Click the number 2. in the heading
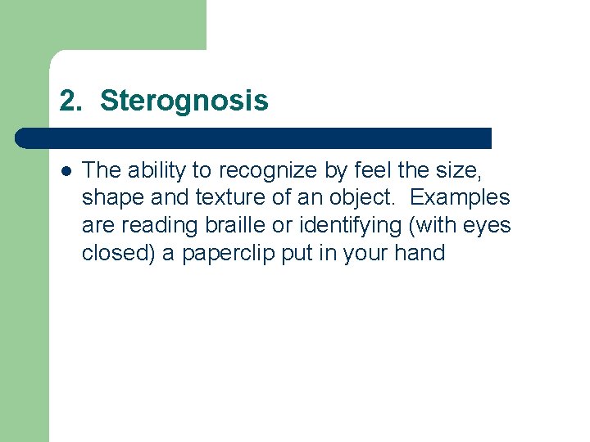pyautogui.click(x=71, y=101)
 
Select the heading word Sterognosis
pyautogui.click(x=184, y=101)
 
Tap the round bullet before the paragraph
pyautogui.click(x=66, y=170)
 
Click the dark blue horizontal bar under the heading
pyautogui.click(x=254, y=138)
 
